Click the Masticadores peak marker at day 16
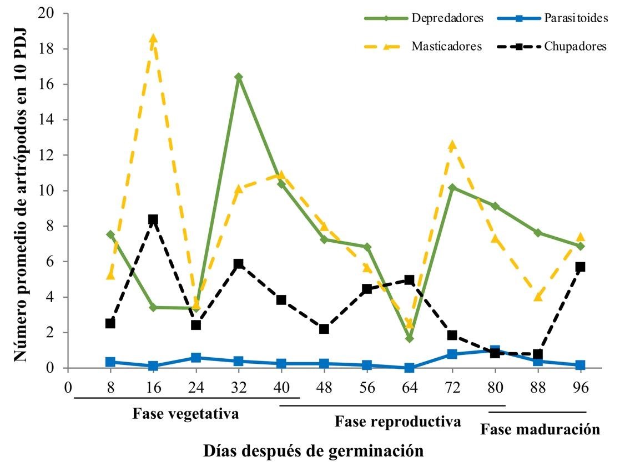[x=153, y=38]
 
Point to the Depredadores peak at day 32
[x=239, y=77]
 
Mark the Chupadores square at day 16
[x=153, y=219]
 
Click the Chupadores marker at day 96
[x=581, y=267]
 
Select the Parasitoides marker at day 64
[x=410, y=368]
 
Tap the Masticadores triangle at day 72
[x=452, y=145]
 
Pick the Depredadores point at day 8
[x=110, y=234]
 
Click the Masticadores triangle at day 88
[x=537, y=297]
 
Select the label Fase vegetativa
[x=186, y=414]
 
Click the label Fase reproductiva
[x=398, y=422]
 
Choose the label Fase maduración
[x=540, y=429]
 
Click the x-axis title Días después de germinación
[x=312, y=450]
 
